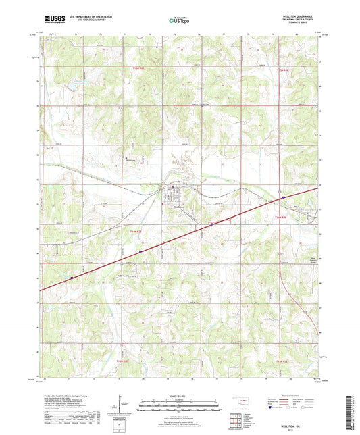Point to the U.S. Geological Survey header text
[94, 22]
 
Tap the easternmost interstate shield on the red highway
[284, 197]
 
